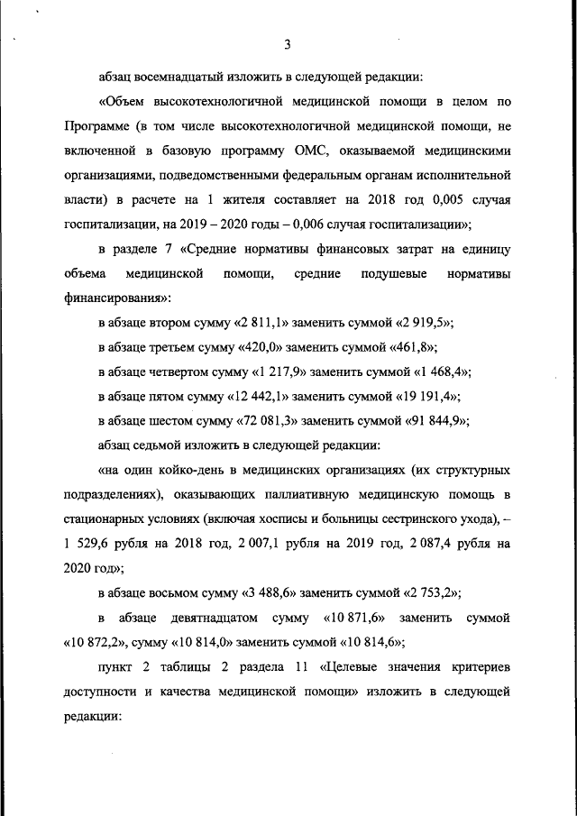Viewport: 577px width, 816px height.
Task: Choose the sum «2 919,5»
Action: (x=423, y=322)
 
